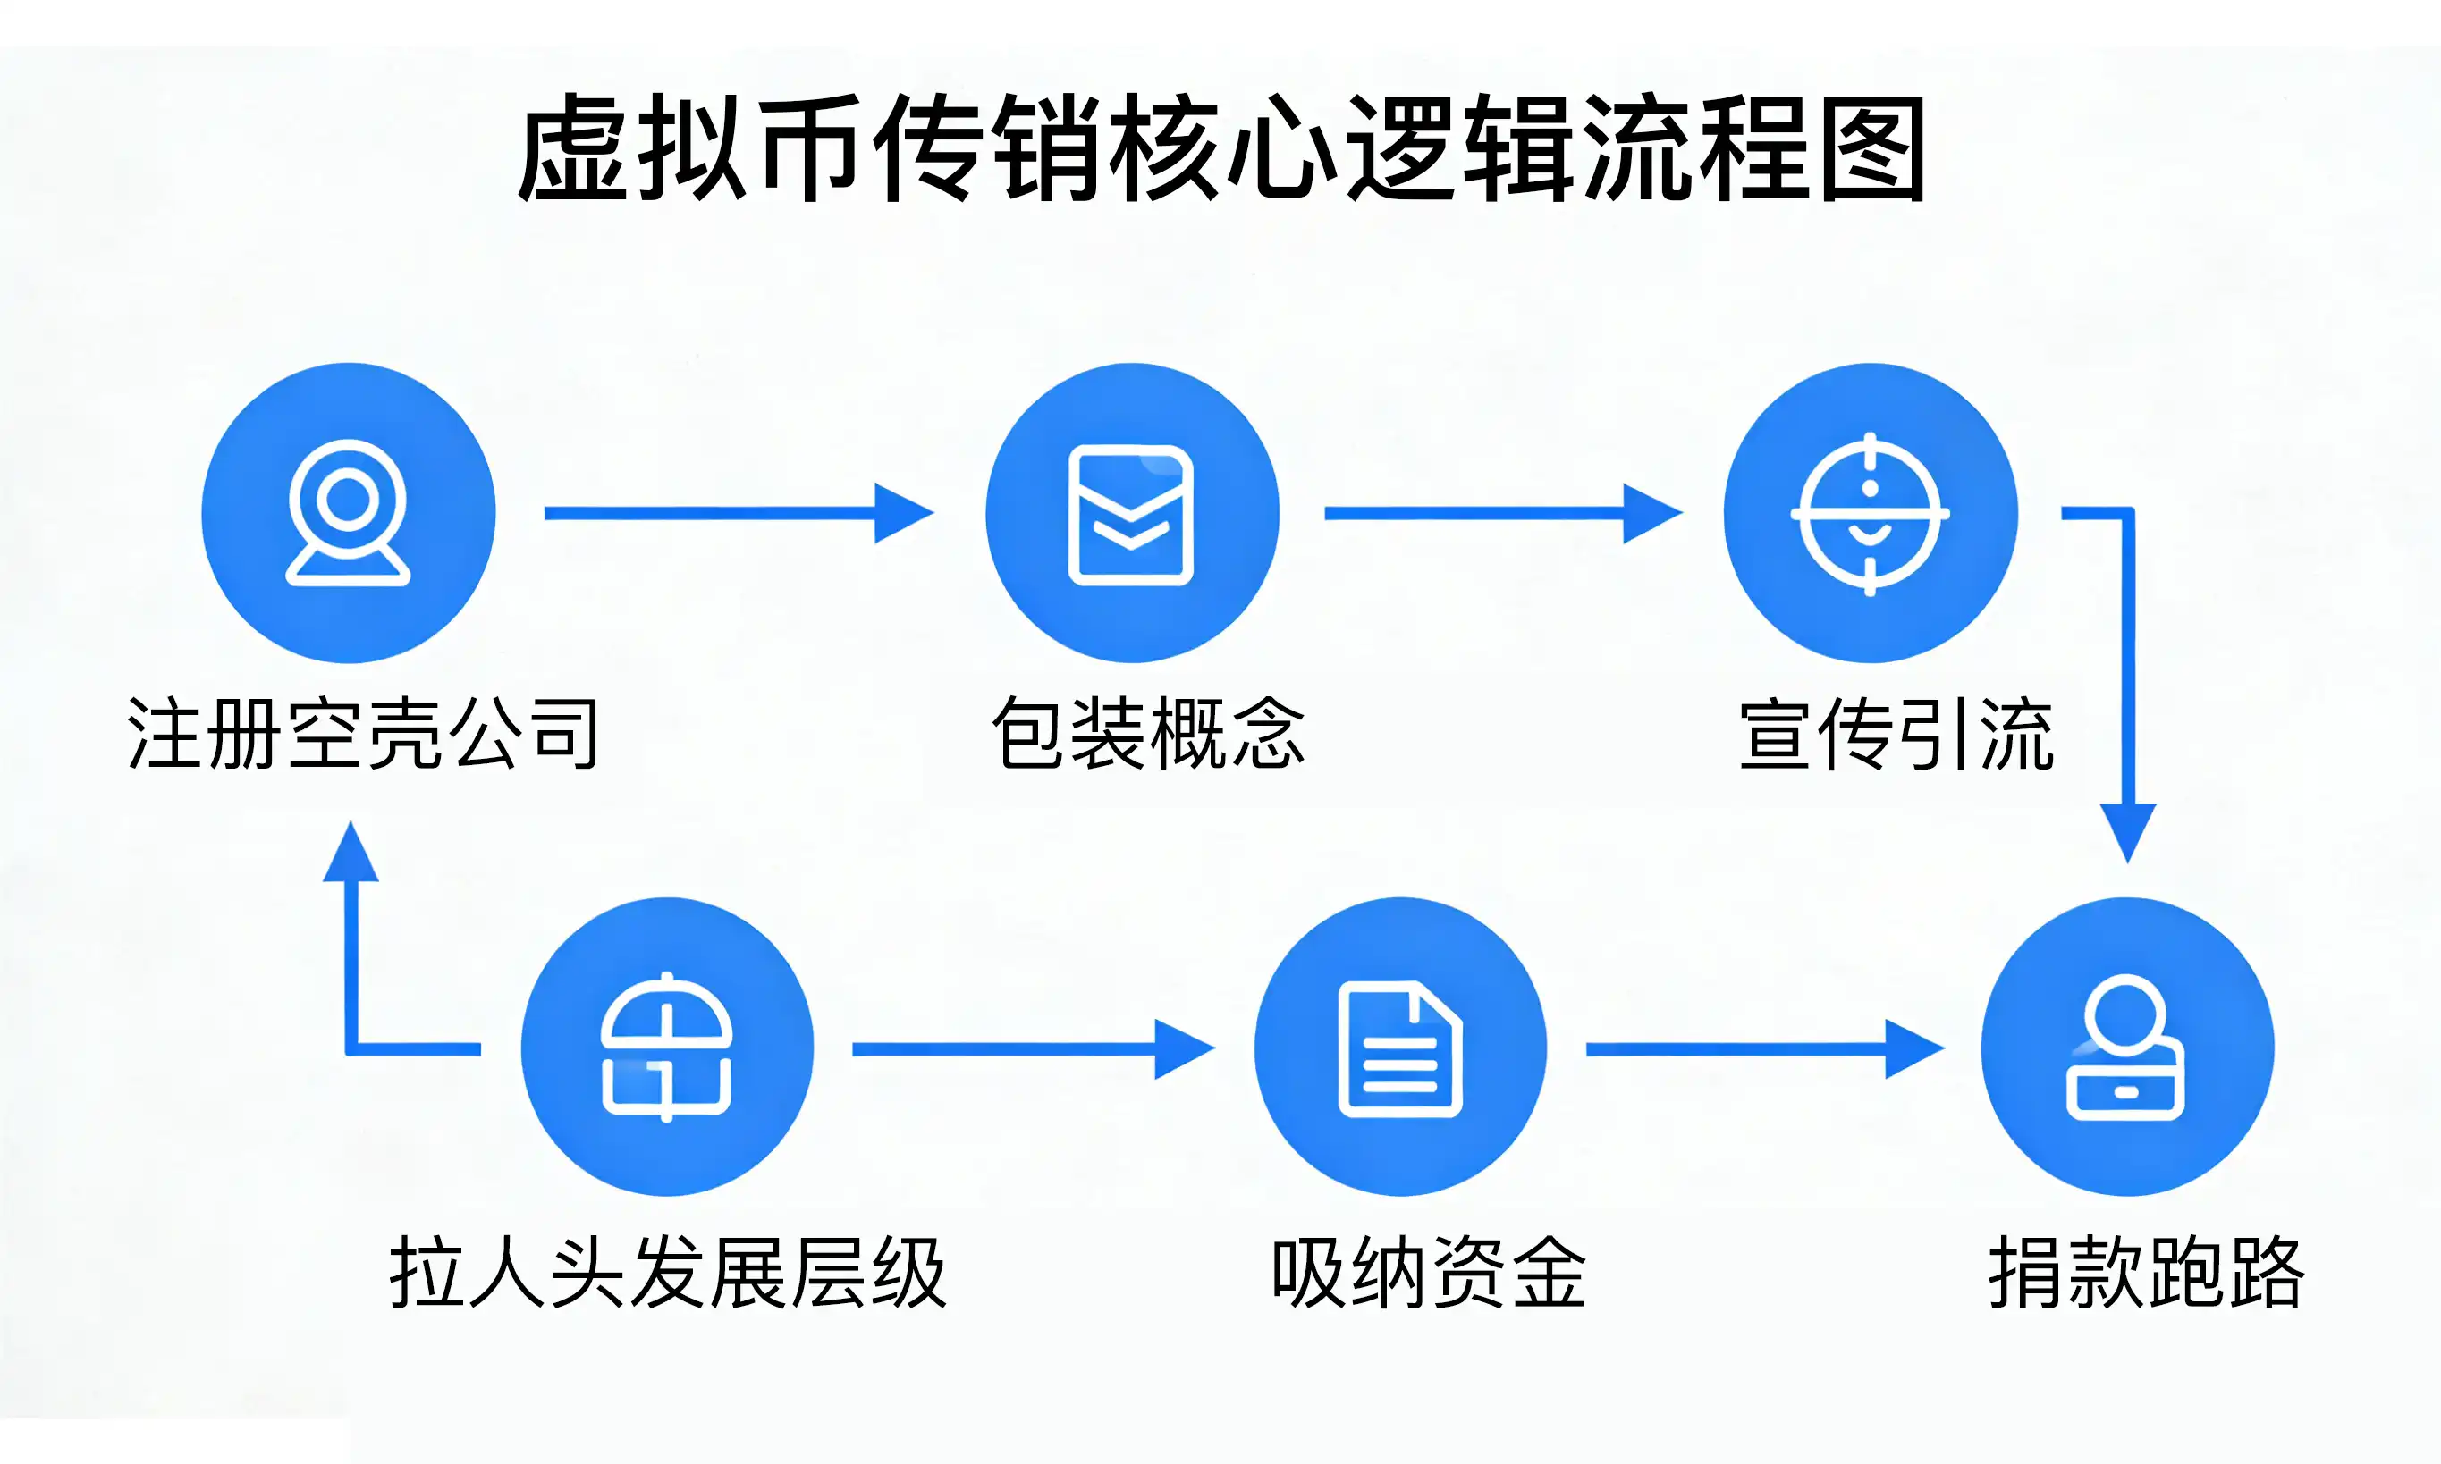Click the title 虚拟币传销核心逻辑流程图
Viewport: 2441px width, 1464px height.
[1220, 148]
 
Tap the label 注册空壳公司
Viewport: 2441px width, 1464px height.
[362, 733]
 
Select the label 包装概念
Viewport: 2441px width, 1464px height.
[1147, 733]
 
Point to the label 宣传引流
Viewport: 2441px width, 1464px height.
[1896, 733]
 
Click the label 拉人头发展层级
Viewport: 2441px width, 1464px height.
[668, 1272]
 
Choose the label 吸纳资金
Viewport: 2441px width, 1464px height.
[1428, 1272]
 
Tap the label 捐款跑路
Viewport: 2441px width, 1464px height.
[2146, 1272]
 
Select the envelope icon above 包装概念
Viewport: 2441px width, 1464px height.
[1132, 514]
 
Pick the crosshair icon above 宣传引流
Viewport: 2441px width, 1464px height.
[1870, 514]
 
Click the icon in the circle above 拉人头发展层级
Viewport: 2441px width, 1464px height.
[667, 1047]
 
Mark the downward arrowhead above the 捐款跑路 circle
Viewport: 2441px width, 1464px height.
[2127, 830]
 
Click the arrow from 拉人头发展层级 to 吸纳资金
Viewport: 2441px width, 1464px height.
[1032, 1048]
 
